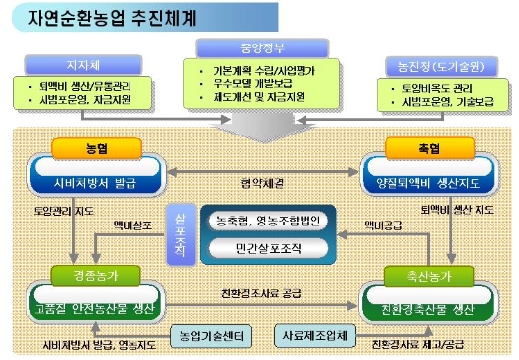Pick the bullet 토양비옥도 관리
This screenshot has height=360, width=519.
click(435, 87)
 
